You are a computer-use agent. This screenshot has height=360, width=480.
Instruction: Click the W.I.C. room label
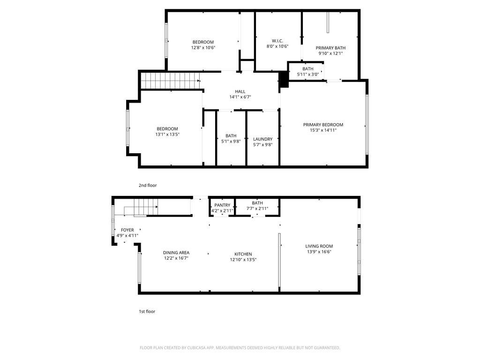coord(277,41)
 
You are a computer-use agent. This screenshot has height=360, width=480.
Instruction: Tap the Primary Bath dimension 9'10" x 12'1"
coord(330,53)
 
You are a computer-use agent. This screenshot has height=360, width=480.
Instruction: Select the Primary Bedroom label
coord(323,125)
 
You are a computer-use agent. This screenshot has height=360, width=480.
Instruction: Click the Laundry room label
coord(262,139)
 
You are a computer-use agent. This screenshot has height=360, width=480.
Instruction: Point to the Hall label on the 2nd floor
coord(240,91)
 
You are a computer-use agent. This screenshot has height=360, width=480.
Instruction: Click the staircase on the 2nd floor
coord(170,80)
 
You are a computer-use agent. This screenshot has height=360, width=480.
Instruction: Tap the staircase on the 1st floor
coord(145,207)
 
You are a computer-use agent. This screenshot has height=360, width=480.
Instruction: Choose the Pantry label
coord(222,205)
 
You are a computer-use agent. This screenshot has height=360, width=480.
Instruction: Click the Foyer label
coord(127,230)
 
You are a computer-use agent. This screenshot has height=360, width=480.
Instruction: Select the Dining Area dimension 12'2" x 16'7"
coord(176,258)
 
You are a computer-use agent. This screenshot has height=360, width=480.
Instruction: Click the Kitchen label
coord(243,254)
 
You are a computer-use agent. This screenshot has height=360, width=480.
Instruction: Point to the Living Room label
coord(319,246)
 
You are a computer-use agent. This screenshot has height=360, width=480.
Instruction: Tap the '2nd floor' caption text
coord(148,186)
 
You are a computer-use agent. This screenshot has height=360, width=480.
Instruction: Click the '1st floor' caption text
coord(147,311)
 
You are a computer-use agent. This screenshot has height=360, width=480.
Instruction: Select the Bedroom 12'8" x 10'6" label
coord(203,42)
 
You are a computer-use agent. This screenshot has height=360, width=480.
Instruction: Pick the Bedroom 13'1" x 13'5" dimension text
coord(167,135)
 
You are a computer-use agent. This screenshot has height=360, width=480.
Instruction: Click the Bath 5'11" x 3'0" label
coord(308,69)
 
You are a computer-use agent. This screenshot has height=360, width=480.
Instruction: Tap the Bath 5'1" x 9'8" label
coord(231,136)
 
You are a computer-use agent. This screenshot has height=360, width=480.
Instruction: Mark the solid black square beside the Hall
coord(283,79)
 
